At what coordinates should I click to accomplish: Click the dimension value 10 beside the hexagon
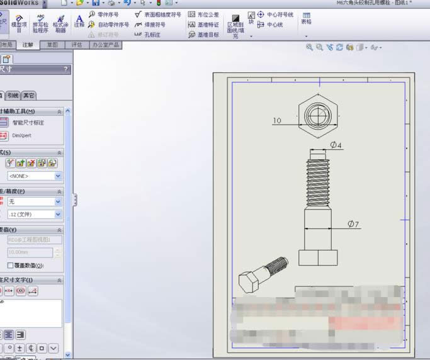pos(277,120)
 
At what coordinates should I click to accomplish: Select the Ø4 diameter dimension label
pos(336,145)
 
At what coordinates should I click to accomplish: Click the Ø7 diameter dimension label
pos(353,224)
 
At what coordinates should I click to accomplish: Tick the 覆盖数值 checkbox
pos(10,265)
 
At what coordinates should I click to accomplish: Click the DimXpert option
pos(21,135)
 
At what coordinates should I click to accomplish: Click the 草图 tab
pos(53,45)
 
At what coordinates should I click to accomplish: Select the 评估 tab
pos(77,45)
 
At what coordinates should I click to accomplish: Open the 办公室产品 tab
pos(105,45)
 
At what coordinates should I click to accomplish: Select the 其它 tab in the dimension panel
pos(29,96)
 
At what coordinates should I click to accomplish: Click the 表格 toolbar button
pos(306,18)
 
